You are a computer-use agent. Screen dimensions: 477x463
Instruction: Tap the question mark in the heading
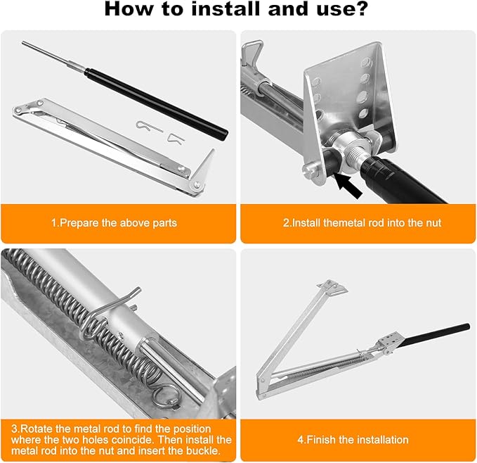tap(361, 8)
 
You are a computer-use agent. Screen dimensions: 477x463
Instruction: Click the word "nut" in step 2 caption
tap(433, 223)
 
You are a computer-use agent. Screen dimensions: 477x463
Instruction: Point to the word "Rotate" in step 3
tap(37, 429)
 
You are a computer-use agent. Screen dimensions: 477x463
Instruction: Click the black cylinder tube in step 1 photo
tap(156, 104)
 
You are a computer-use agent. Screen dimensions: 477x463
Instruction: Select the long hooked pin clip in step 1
tap(149, 127)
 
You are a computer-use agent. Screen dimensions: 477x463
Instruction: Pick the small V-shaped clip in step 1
tap(176, 139)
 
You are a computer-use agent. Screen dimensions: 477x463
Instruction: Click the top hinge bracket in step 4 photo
tap(332, 287)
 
